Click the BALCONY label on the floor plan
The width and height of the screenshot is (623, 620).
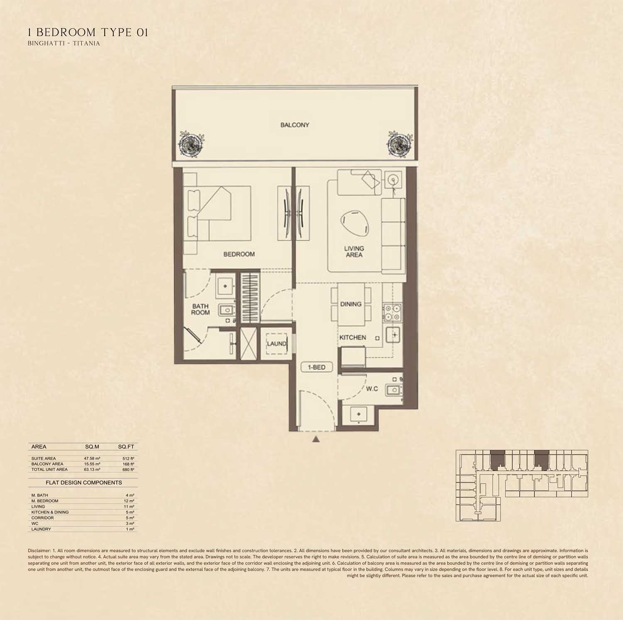[x=294, y=125]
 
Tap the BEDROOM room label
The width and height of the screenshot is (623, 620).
[x=239, y=254]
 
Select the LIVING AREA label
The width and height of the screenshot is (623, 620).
[x=354, y=252]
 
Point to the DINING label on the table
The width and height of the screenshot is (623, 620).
[x=351, y=304]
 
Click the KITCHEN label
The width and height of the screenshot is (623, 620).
[x=353, y=337]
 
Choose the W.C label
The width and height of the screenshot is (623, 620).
[x=372, y=389]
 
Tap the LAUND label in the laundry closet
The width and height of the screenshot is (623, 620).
[x=277, y=343]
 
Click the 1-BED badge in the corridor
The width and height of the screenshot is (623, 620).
[x=316, y=367]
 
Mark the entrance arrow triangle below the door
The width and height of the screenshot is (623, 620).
[x=316, y=439]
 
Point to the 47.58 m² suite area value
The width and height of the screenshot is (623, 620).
[x=92, y=458]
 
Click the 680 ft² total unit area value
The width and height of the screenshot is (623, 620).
[x=128, y=469]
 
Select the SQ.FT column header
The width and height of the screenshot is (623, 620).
[x=126, y=447]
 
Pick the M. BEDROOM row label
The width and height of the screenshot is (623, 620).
[x=45, y=501]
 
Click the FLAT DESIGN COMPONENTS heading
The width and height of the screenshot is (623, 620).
[x=83, y=482]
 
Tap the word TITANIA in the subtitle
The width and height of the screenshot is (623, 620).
[x=86, y=43]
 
